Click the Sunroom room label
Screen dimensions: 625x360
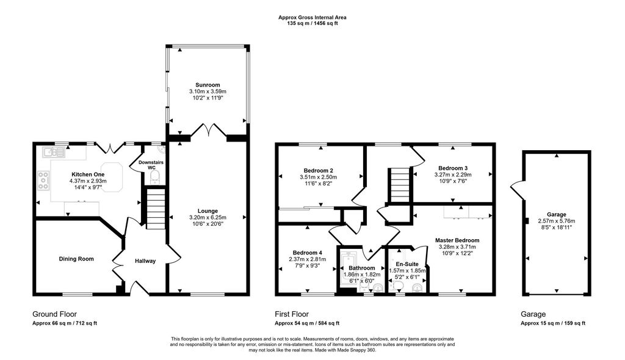[x=208, y=85]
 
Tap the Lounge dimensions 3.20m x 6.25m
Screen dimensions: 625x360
[x=208, y=217]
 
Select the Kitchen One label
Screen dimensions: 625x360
[x=88, y=175]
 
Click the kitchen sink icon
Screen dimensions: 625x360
[x=54, y=152]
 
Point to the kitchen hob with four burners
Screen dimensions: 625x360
[x=43, y=180]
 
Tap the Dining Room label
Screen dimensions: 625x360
[x=76, y=259]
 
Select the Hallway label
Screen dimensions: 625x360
[x=145, y=261]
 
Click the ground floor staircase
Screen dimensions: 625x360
[x=156, y=209]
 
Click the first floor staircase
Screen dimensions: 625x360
[x=399, y=185]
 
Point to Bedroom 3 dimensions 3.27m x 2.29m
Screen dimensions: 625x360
[x=453, y=175]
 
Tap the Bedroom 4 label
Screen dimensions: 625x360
[x=308, y=253]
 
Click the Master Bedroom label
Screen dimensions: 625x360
[x=457, y=240]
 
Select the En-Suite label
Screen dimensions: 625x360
[x=407, y=264]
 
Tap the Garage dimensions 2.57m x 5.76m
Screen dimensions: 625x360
[x=557, y=221]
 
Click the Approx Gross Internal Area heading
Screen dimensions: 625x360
[x=312, y=18]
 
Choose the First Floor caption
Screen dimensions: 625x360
[x=292, y=314]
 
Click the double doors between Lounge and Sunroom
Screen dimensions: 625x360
[x=208, y=131]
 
